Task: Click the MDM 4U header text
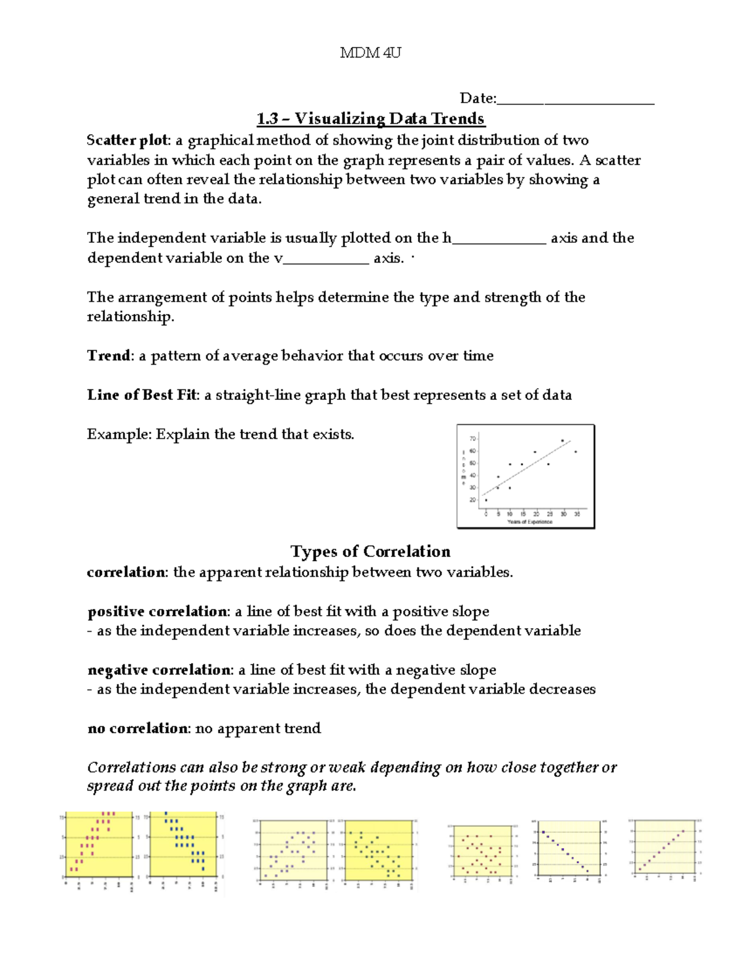coord(370,53)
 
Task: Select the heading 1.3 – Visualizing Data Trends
coord(370,119)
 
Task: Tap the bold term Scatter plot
coord(127,140)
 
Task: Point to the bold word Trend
coord(109,356)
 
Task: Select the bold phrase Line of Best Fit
coord(142,395)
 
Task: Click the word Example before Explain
coord(119,435)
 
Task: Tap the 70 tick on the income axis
coord(473,439)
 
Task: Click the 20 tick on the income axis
coord(473,500)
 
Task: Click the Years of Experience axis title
coord(530,522)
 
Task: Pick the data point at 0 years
coord(486,500)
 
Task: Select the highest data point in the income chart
coord(563,440)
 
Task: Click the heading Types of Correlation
coord(370,551)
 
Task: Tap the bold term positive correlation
coord(158,611)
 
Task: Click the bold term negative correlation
coord(160,670)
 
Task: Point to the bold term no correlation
coord(137,729)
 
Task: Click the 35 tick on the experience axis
coord(577,514)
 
